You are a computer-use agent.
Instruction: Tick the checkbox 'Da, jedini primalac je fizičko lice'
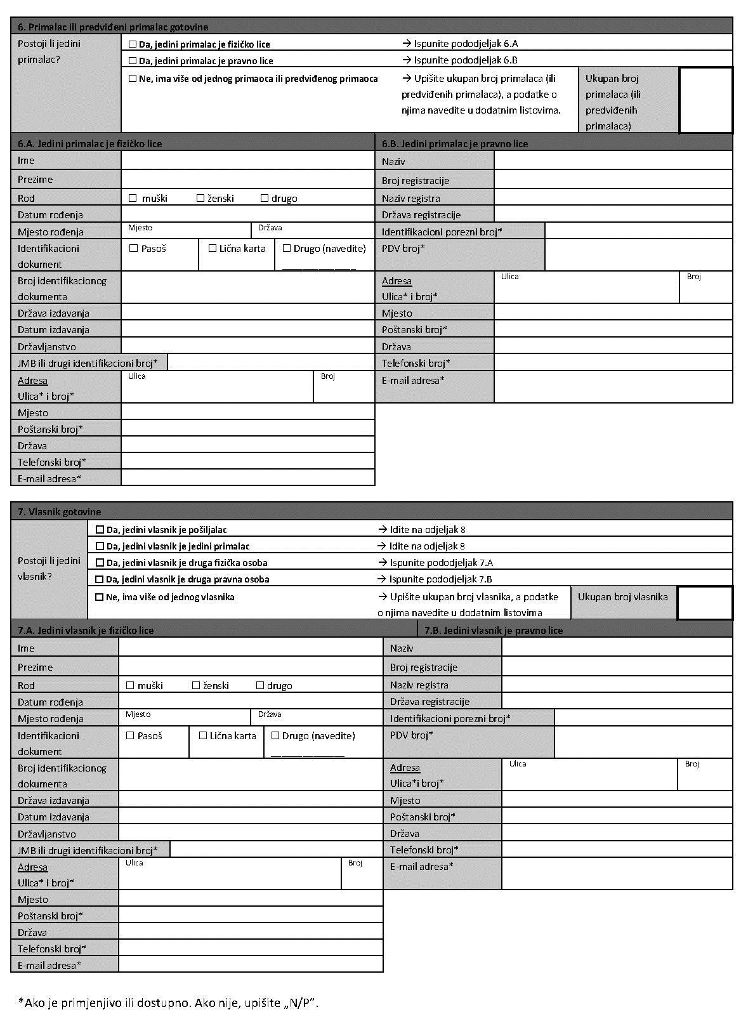pyautogui.click(x=133, y=44)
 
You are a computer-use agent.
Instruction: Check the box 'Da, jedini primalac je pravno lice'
pyautogui.click(x=133, y=61)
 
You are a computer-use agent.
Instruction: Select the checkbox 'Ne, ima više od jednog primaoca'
pyautogui.click(x=133, y=79)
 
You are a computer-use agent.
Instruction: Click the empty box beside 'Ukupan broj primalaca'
pyautogui.click(x=705, y=100)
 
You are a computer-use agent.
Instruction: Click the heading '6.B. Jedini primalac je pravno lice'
pyautogui.click(x=455, y=144)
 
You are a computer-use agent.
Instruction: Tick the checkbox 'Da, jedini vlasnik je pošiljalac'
pyautogui.click(x=100, y=529)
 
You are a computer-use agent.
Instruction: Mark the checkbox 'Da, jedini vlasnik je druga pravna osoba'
pyautogui.click(x=100, y=579)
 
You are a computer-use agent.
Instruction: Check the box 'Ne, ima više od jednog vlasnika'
pyautogui.click(x=100, y=597)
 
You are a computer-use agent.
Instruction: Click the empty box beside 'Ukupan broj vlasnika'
pyautogui.click(x=704, y=603)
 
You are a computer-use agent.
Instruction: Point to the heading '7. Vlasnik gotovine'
pyautogui.click(x=59, y=512)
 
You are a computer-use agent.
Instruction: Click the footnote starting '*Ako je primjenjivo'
pyautogui.click(x=168, y=1003)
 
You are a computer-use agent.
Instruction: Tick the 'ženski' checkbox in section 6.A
pyautogui.click(x=200, y=198)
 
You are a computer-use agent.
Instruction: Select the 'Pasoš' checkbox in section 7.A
pyautogui.click(x=131, y=735)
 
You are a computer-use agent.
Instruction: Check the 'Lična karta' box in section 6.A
pyautogui.click(x=213, y=248)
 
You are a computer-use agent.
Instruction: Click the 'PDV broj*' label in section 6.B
pyautogui.click(x=403, y=248)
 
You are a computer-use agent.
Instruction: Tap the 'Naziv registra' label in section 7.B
pyautogui.click(x=419, y=685)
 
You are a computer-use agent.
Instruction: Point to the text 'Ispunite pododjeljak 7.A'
pyautogui.click(x=441, y=563)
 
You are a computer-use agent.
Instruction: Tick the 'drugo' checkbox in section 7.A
pyautogui.click(x=260, y=685)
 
